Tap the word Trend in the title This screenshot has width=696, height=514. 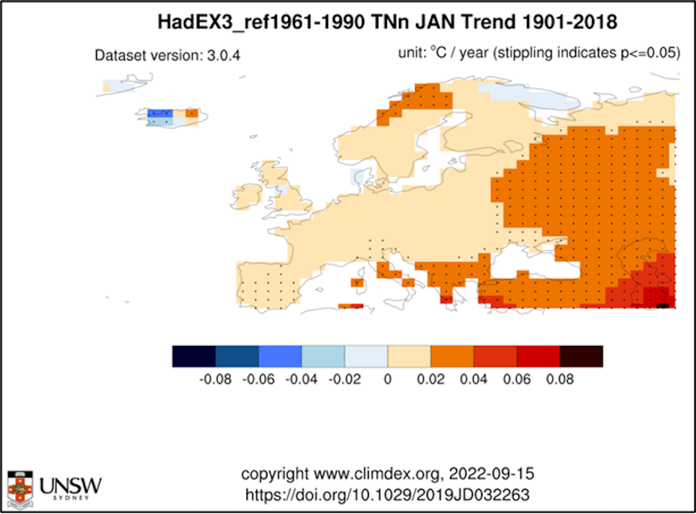489,23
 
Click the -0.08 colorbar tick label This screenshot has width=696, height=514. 215,380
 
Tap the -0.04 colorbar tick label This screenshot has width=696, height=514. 301,380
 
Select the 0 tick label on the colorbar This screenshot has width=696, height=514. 387,380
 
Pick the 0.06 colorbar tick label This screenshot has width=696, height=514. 517,380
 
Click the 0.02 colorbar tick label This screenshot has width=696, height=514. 430,380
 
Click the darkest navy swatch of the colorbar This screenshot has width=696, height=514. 194,356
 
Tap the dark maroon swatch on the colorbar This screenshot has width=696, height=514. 581,356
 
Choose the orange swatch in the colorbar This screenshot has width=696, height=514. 452,356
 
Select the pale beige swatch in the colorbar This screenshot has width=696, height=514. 409,356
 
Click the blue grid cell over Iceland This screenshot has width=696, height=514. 156,114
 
